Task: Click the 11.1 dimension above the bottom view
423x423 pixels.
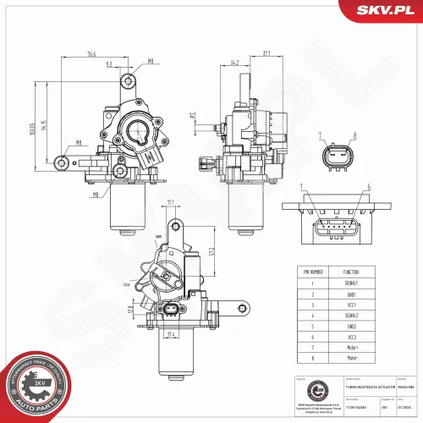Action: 170,202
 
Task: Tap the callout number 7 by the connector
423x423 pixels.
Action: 321,135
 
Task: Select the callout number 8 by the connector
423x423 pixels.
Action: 354,135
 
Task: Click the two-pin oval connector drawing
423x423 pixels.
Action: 338,157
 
